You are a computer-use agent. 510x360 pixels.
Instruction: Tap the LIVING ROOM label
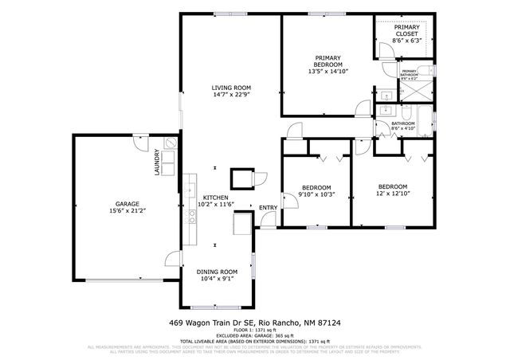[231, 88]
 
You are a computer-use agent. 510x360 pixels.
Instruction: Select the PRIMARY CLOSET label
[407, 30]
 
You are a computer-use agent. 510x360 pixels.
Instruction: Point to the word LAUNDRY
[158, 164]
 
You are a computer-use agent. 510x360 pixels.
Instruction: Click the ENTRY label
[268, 209]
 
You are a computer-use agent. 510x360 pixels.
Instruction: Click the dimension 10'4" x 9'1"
[218, 279]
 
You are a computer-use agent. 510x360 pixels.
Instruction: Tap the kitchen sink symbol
[190, 190]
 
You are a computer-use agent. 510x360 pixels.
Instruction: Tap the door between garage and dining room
[172, 260]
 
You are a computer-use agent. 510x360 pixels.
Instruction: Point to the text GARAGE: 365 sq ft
[255, 335]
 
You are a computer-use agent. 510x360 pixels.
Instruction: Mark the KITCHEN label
[215, 197]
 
